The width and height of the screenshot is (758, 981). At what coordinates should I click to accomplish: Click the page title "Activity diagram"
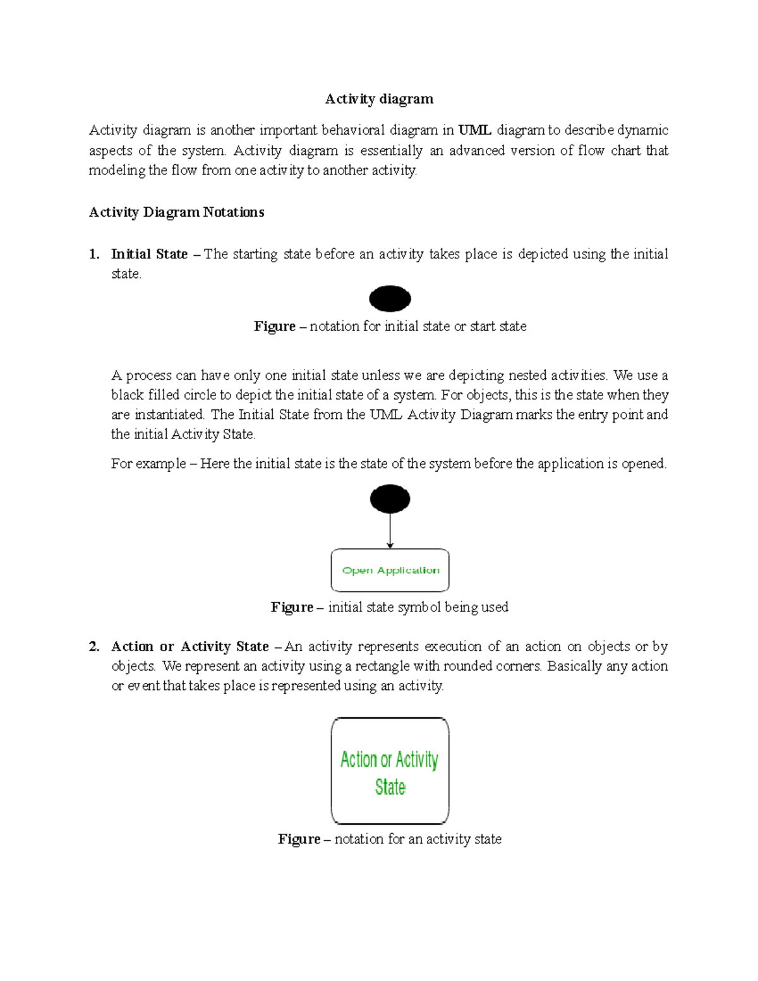(x=379, y=99)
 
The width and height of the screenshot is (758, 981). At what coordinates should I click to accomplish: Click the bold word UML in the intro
(x=474, y=131)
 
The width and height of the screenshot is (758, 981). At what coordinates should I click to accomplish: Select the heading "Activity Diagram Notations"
(x=176, y=212)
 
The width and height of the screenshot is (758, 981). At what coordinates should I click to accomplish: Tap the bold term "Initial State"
(x=149, y=254)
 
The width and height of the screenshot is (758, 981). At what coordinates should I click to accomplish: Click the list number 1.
(x=94, y=254)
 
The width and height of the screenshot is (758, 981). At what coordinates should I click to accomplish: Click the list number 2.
(x=94, y=646)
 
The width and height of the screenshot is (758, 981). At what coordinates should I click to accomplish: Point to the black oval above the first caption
(x=390, y=299)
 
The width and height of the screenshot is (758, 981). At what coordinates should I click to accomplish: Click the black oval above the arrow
(x=390, y=499)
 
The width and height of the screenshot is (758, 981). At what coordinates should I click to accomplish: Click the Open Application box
(x=390, y=570)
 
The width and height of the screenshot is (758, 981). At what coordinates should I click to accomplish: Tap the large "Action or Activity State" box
(x=390, y=771)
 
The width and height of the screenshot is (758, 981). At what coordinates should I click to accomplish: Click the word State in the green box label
(x=390, y=787)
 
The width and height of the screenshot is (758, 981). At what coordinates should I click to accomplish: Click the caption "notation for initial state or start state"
(x=418, y=327)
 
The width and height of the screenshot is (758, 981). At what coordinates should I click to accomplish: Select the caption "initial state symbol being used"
(x=418, y=607)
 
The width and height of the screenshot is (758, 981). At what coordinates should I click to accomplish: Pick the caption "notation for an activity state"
(x=418, y=839)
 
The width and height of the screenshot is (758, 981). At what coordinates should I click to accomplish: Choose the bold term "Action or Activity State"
(x=189, y=646)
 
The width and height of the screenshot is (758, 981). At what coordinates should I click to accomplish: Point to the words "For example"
(x=148, y=464)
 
